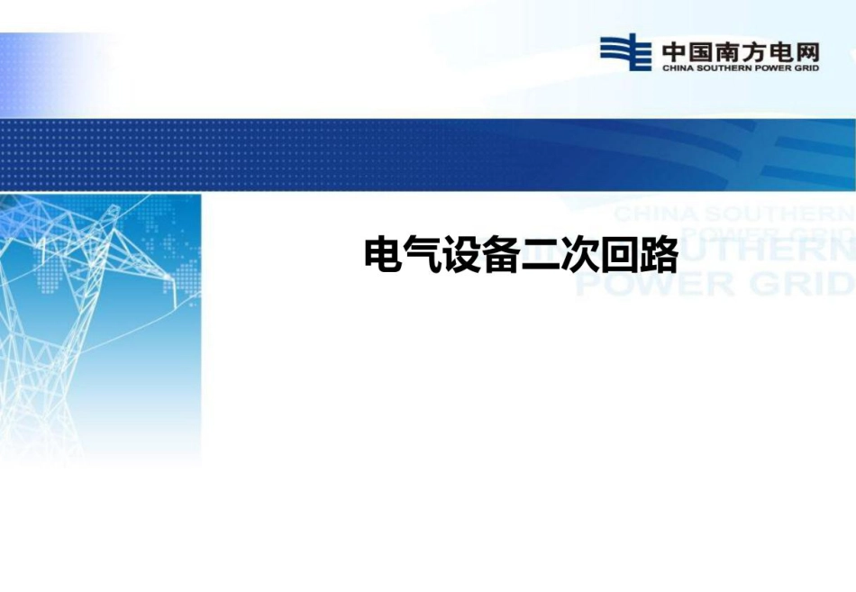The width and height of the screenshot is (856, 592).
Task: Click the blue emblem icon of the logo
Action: (x=625, y=52)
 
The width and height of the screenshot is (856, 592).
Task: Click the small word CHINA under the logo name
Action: (x=676, y=67)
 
